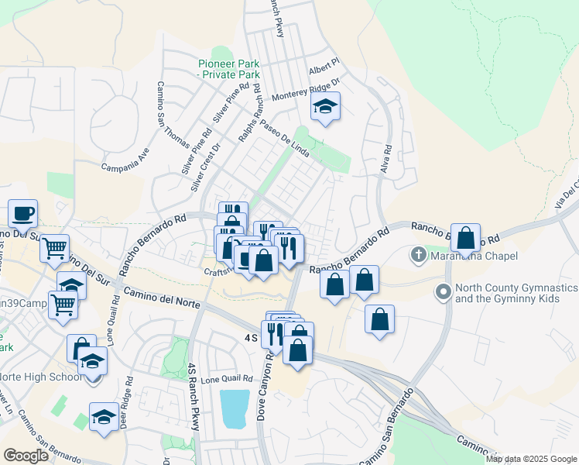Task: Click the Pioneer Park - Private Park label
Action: click(x=228, y=69)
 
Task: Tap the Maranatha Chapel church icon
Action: click(x=419, y=254)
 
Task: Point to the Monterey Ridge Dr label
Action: click(x=307, y=91)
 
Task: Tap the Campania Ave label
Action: click(x=124, y=159)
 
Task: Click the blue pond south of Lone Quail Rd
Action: click(x=235, y=408)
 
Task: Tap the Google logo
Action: click(x=26, y=455)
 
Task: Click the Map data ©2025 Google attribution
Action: click(x=531, y=459)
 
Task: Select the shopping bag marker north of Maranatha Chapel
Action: click(x=465, y=237)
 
